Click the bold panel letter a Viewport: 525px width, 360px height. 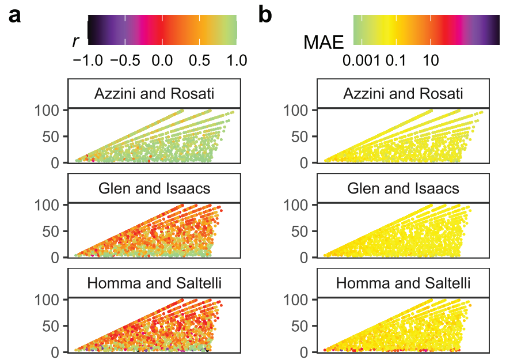pos(16,16)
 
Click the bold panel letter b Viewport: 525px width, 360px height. pos(265,16)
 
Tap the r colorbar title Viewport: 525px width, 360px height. pos(75,41)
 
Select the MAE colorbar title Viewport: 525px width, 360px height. pos(323,41)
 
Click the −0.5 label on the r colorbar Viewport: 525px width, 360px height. pos(124,60)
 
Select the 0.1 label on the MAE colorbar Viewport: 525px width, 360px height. pos(397,60)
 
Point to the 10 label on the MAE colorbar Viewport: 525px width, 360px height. pos(431,60)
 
